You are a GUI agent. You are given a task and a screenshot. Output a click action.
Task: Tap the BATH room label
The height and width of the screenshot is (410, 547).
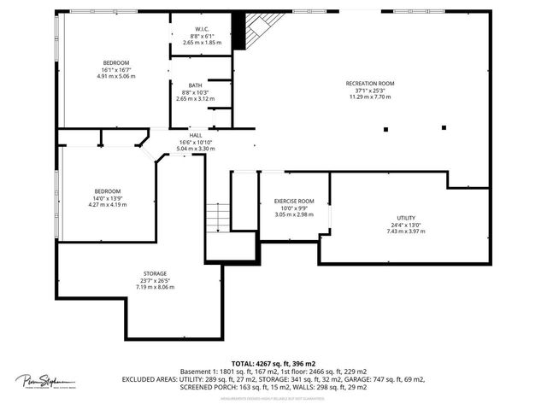tap(196, 85)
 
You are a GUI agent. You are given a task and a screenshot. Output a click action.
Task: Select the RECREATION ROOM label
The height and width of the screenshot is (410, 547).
tap(369, 83)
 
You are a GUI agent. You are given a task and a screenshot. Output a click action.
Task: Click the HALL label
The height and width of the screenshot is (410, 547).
tap(196, 135)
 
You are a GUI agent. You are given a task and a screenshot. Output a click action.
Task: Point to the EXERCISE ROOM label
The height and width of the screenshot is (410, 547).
tap(293, 201)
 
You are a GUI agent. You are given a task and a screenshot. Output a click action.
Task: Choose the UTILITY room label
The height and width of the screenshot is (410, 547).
tap(405, 218)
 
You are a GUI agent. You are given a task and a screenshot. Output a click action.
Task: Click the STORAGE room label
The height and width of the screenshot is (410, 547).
tap(155, 273)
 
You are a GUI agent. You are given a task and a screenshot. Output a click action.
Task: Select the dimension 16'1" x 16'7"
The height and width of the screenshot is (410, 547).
tap(116, 70)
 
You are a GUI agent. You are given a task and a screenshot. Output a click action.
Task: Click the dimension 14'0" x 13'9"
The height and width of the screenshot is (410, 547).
tap(108, 198)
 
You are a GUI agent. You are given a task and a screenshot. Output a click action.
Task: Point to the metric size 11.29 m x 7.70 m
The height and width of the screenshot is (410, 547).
tap(369, 97)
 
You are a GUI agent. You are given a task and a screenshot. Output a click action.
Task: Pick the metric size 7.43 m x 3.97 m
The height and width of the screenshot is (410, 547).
tap(405, 231)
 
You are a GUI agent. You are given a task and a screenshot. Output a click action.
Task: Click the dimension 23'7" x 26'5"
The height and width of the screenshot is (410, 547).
tap(155, 280)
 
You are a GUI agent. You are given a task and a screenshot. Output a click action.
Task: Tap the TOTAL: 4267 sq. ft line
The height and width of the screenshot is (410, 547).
tap(273, 363)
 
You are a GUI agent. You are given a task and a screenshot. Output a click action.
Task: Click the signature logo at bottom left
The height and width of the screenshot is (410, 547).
tap(44, 381)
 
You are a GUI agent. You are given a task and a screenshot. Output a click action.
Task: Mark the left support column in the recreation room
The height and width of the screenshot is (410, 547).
tap(385, 129)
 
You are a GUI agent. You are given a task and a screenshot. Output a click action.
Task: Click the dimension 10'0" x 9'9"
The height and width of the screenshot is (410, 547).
tap(293, 208)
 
